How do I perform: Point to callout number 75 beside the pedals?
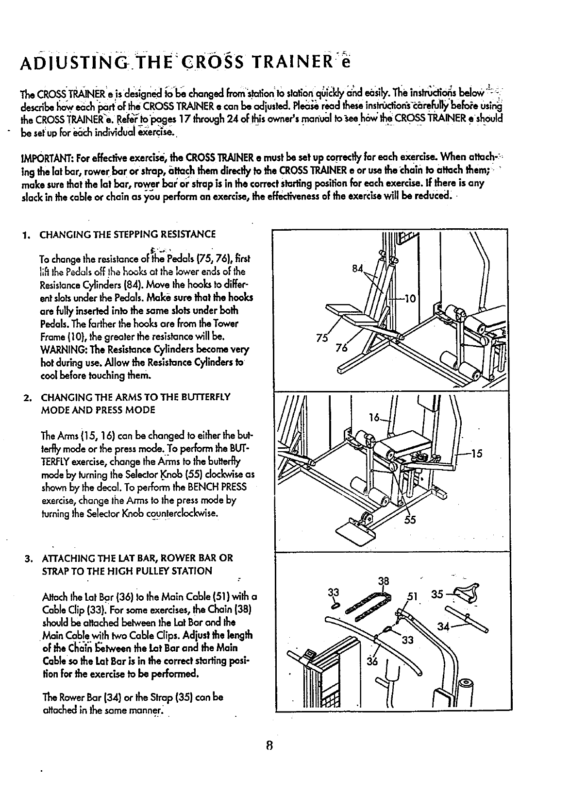pyautogui.click(x=321, y=339)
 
